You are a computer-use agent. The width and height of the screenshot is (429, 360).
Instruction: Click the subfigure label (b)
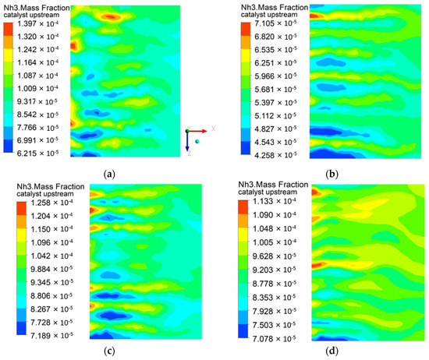tap(358, 171)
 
